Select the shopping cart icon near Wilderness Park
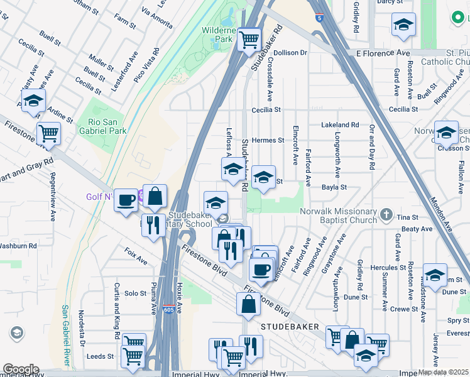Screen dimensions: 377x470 [x=249, y=40]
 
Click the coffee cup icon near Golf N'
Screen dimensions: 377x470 [x=126, y=199]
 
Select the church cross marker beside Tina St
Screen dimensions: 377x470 [x=387, y=216]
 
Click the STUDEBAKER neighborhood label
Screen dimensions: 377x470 [x=290, y=328]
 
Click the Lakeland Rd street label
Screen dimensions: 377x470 [x=339, y=125]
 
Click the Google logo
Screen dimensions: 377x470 [x=20, y=369]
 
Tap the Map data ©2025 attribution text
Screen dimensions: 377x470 [x=443, y=372]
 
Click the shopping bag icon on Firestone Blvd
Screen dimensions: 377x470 [x=248, y=303]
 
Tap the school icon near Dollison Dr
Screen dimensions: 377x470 [x=403, y=25]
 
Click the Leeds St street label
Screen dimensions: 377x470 [x=100, y=356]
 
